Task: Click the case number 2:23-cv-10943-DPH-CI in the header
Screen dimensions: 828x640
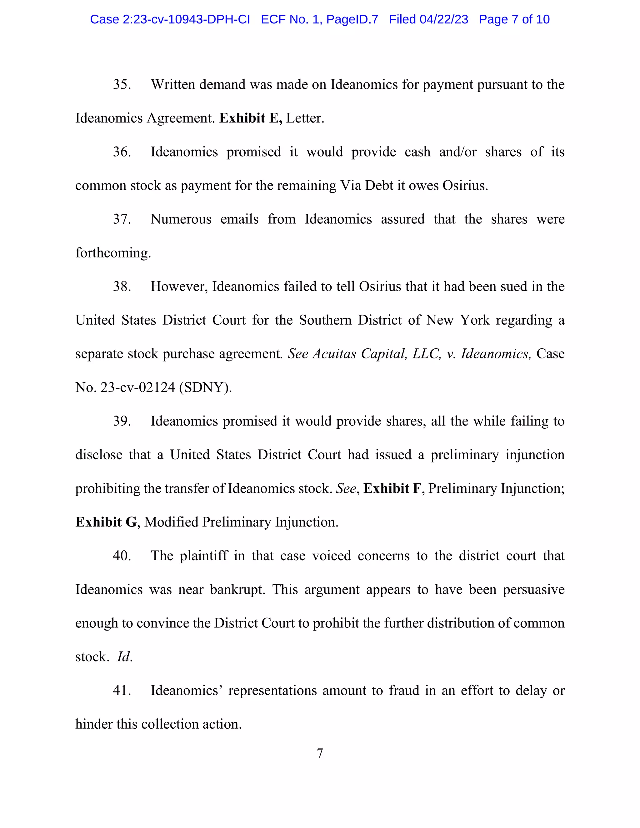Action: pyautogui.click(x=186, y=19)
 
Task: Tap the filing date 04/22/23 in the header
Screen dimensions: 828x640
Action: pyautogui.click(x=444, y=19)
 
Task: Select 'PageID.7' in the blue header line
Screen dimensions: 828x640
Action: pyautogui.click(x=352, y=19)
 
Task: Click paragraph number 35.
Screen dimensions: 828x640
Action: pyautogui.click(x=122, y=85)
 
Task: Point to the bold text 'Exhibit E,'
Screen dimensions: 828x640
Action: pyautogui.click(x=251, y=118)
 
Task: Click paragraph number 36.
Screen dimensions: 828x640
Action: pyautogui.click(x=122, y=152)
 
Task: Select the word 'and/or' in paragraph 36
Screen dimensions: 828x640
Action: pyautogui.click(x=457, y=152)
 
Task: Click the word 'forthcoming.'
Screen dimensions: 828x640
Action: pyautogui.click(x=113, y=253)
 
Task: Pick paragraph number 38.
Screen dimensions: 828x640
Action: pyautogui.click(x=122, y=287)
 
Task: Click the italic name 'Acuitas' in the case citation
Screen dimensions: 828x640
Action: pyautogui.click(x=334, y=354)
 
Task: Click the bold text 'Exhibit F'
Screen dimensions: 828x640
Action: pyautogui.click(x=392, y=489)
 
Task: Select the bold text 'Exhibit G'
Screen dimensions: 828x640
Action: pyautogui.click(x=106, y=522)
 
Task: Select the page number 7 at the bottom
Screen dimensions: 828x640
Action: pyautogui.click(x=320, y=753)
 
